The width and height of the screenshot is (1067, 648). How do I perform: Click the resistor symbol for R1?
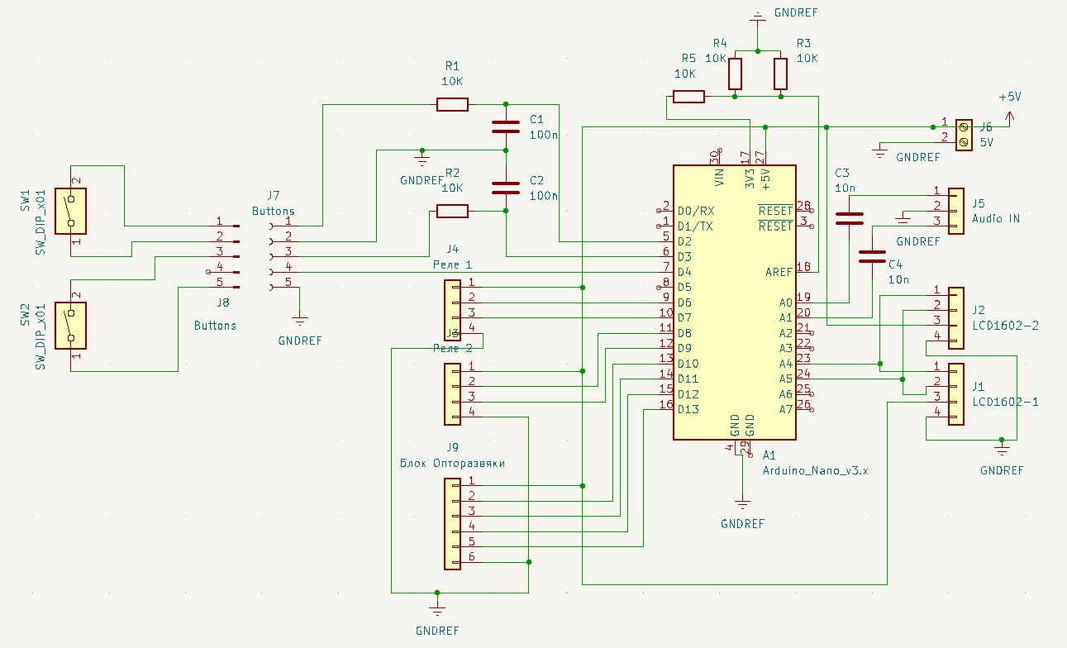(452, 104)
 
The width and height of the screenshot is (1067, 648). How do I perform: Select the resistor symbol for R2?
(452, 211)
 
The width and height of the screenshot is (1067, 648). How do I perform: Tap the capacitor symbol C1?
(505, 127)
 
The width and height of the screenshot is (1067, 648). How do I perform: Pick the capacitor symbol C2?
(505, 188)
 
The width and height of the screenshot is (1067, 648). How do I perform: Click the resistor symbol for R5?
(688, 97)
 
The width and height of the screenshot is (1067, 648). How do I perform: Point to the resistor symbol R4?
(735, 74)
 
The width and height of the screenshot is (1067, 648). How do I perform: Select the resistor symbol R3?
(780, 74)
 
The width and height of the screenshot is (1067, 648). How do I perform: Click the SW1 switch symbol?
(71, 212)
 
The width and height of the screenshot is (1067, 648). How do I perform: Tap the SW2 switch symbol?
(71, 326)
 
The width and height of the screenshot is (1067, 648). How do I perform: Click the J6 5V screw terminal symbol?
(964, 135)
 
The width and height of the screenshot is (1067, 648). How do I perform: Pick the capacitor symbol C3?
(850, 218)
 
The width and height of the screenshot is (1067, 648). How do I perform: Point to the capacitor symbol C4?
(872, 256)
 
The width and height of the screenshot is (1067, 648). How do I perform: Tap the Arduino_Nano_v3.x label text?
(815, 469)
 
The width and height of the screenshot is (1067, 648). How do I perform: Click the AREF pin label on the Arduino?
(779, 272)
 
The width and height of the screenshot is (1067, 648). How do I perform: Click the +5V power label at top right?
(1009, 97)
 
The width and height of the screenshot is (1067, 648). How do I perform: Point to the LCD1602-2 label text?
(1005, 325)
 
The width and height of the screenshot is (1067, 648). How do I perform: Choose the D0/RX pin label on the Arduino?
(695, 210)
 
